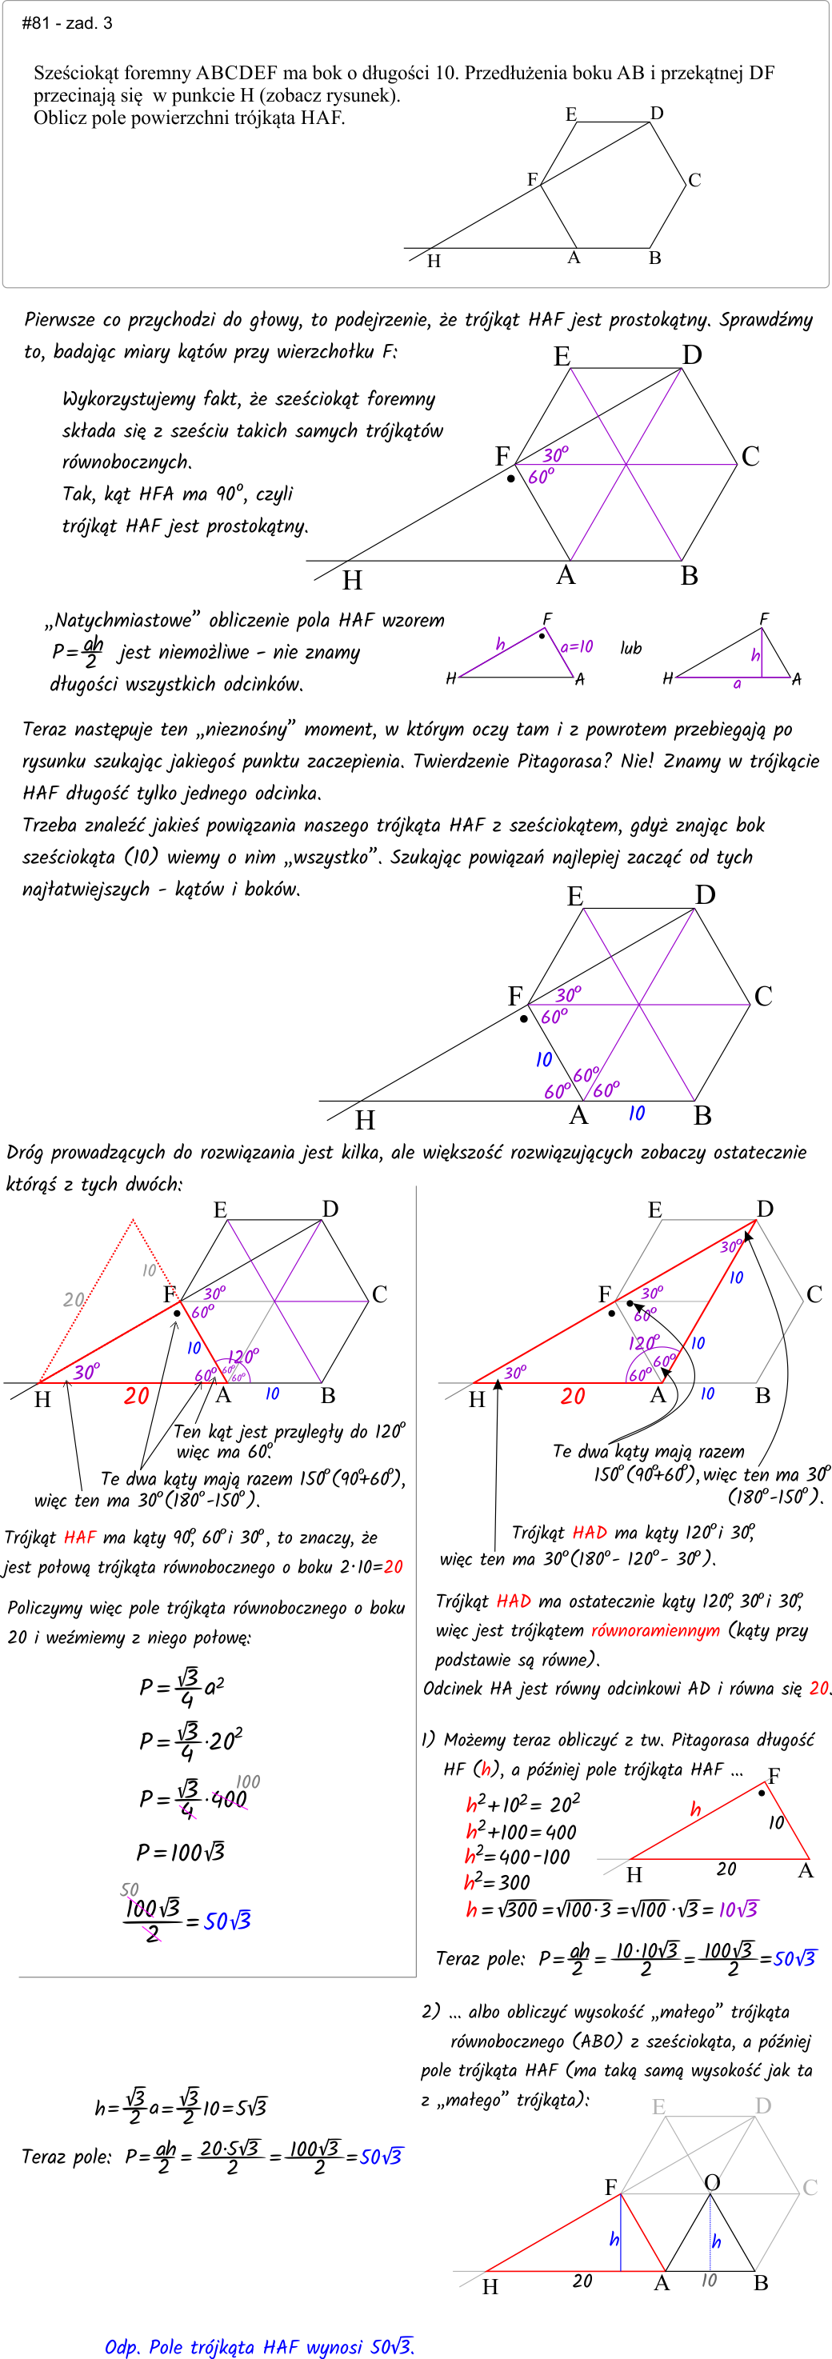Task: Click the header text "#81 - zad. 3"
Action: (67, 23)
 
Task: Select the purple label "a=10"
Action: (576, 646)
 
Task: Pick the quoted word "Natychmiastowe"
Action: (122, 620)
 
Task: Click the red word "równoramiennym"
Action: (655, 1630)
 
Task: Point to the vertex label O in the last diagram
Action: (712, 2182)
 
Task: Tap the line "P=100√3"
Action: (181, 1852)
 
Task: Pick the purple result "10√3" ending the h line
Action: (738, 1909)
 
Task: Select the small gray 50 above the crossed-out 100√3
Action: (129, 1889)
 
